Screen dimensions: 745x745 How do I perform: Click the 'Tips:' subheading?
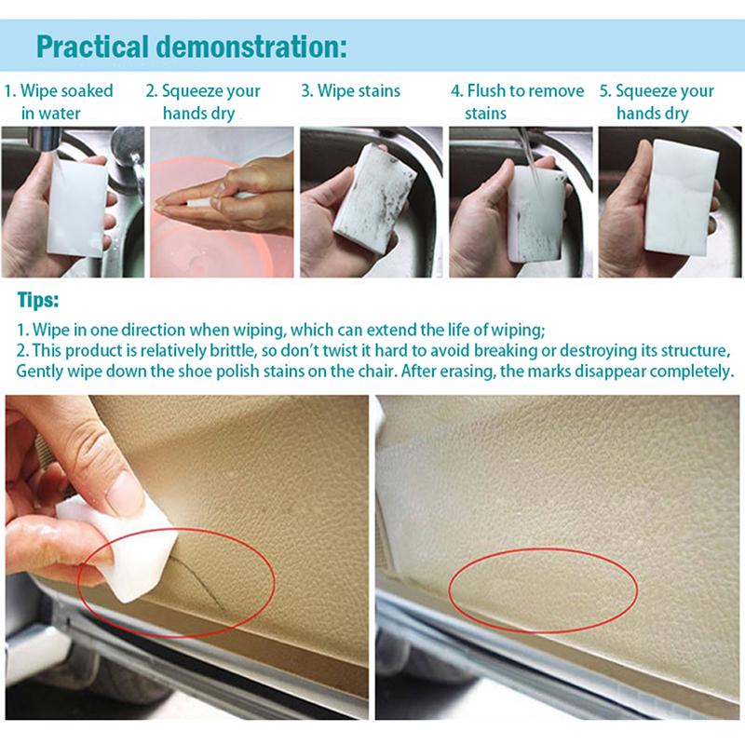click(x=38, y=302)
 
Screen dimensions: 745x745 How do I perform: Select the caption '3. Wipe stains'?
click(x=350, y=91)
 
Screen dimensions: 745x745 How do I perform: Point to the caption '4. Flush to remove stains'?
click(x=517, y=102)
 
